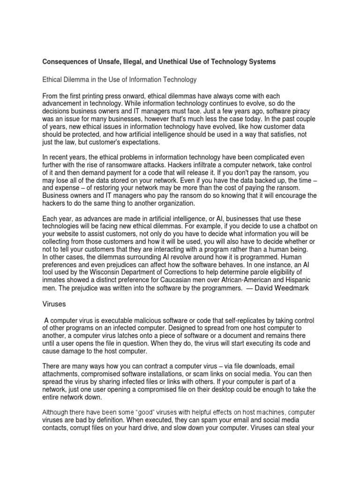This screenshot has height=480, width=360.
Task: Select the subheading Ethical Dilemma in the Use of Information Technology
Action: pos(120,80)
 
